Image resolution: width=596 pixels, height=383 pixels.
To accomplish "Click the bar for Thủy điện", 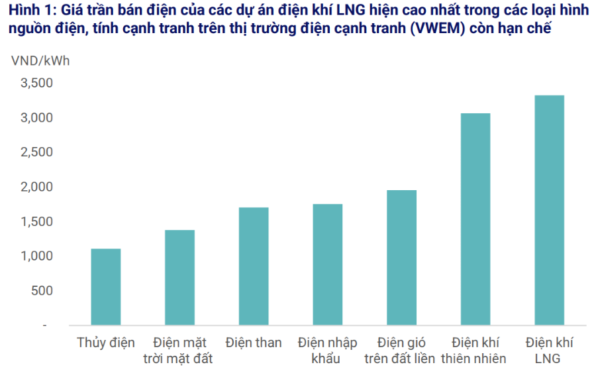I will point(106,287).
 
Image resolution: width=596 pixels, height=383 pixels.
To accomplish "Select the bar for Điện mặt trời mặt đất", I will point(179,278).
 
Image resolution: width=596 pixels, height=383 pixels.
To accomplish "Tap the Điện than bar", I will point(254,266).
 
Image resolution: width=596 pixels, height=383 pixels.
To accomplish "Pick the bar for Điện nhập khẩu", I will point(328,264).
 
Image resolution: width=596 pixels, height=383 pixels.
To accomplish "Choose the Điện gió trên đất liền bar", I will point(401,258).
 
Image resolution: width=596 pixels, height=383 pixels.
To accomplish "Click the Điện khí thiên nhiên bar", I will point(475,219).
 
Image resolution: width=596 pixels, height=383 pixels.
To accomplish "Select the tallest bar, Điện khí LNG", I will point(550,210).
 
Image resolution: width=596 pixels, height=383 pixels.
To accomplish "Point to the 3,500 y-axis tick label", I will point(36,83).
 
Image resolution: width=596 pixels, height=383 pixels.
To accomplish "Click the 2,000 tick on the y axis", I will point(36,187).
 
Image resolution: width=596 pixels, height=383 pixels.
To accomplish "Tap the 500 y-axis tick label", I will point(41,290).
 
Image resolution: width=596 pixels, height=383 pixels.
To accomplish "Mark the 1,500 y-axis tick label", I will point(36,221).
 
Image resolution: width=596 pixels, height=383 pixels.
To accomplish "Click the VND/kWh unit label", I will point(40,60).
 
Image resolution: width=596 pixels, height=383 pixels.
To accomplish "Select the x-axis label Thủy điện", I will point(106,343).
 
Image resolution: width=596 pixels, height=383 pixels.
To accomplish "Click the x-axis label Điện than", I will point(254,343).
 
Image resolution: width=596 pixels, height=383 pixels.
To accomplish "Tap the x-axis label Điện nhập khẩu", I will point(328,351).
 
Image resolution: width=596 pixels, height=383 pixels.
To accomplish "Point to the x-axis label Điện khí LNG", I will point(550,351).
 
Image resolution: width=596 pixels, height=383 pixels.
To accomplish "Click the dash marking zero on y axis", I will point(45,325).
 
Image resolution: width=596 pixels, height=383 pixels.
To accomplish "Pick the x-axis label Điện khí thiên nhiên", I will point(475,351).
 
